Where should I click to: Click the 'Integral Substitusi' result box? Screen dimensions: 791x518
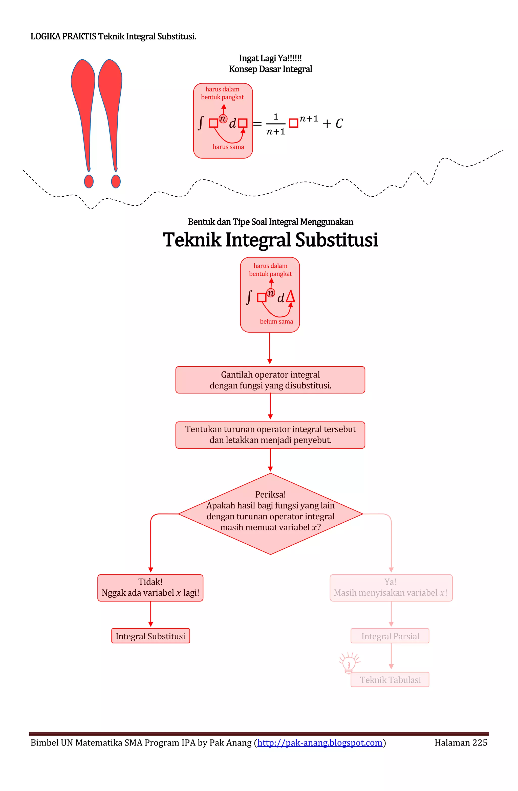pyautogui.click(x=150, y=636)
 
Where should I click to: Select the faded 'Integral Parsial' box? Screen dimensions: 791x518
pyautogui.click(x=390, y=636)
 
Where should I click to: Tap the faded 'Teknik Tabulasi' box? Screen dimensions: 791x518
pyautogui.click(x=390, y=679)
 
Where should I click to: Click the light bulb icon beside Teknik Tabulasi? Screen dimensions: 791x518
pyautogui.click(x=349, y=663)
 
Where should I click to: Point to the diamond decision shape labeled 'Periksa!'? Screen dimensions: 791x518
pyautogui.click(x=270, y=514)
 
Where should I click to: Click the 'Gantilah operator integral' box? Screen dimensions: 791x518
pyautogui.click(x=270, y=380)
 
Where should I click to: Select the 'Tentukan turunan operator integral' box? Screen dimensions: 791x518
pyautogui.click(x=270, y=435)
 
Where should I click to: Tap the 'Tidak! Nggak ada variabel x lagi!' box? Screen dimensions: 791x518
pyautogui.click(x=150, y=588)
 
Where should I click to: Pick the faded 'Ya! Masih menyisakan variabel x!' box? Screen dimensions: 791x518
pyautogui.click(x=391, y=588)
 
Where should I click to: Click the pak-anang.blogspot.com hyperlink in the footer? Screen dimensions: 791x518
pyautogui.click(x=320, y=742)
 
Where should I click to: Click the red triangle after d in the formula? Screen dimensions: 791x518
pyautogui.click(x=290, y=296)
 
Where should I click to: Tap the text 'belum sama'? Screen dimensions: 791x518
pyautogui.click(x=276, y=321)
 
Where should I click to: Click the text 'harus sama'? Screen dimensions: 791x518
pyautogui.click(x=228, y=147)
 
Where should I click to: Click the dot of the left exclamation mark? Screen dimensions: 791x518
pyautogui.click(x=89, y=181)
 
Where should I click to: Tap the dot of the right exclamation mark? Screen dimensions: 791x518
pyautogui.click(x=116, y=181)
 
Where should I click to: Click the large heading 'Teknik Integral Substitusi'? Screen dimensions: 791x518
pyautogui.click(x=270, y=240)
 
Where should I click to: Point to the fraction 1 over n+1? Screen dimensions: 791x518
pyautogui.click(x=275, y=124)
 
